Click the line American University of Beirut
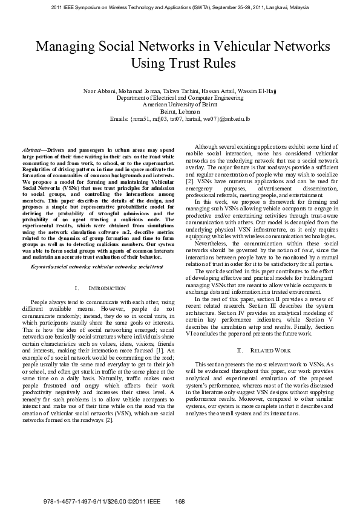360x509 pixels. pos(180,104)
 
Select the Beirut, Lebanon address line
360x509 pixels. pos(180,111)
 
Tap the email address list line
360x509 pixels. pos(180,118)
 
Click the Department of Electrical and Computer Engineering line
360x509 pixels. pos(180,97)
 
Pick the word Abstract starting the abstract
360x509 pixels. pos(33,149)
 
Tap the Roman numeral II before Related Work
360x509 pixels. pos(240,350)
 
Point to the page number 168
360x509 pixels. pos(179,501)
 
